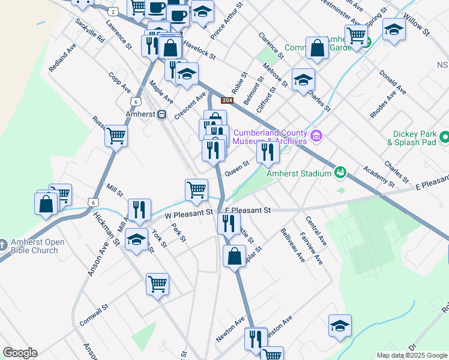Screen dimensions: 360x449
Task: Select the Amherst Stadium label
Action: point(299,173)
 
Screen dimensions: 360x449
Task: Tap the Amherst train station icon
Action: point(161,115)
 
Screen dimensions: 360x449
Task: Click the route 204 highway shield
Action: point(227,101)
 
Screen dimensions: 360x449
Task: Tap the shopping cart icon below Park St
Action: point(157,283)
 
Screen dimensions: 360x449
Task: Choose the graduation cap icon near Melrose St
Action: point(303,80)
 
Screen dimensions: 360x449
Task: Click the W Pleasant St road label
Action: point(189,212)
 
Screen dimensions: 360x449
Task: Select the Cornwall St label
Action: point(92,313)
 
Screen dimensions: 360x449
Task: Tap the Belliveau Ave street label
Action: point(292,244)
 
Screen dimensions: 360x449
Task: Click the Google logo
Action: point(20,353)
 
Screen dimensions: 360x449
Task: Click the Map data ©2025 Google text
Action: point(411,355)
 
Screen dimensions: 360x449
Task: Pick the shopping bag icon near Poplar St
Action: point(234,256)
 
